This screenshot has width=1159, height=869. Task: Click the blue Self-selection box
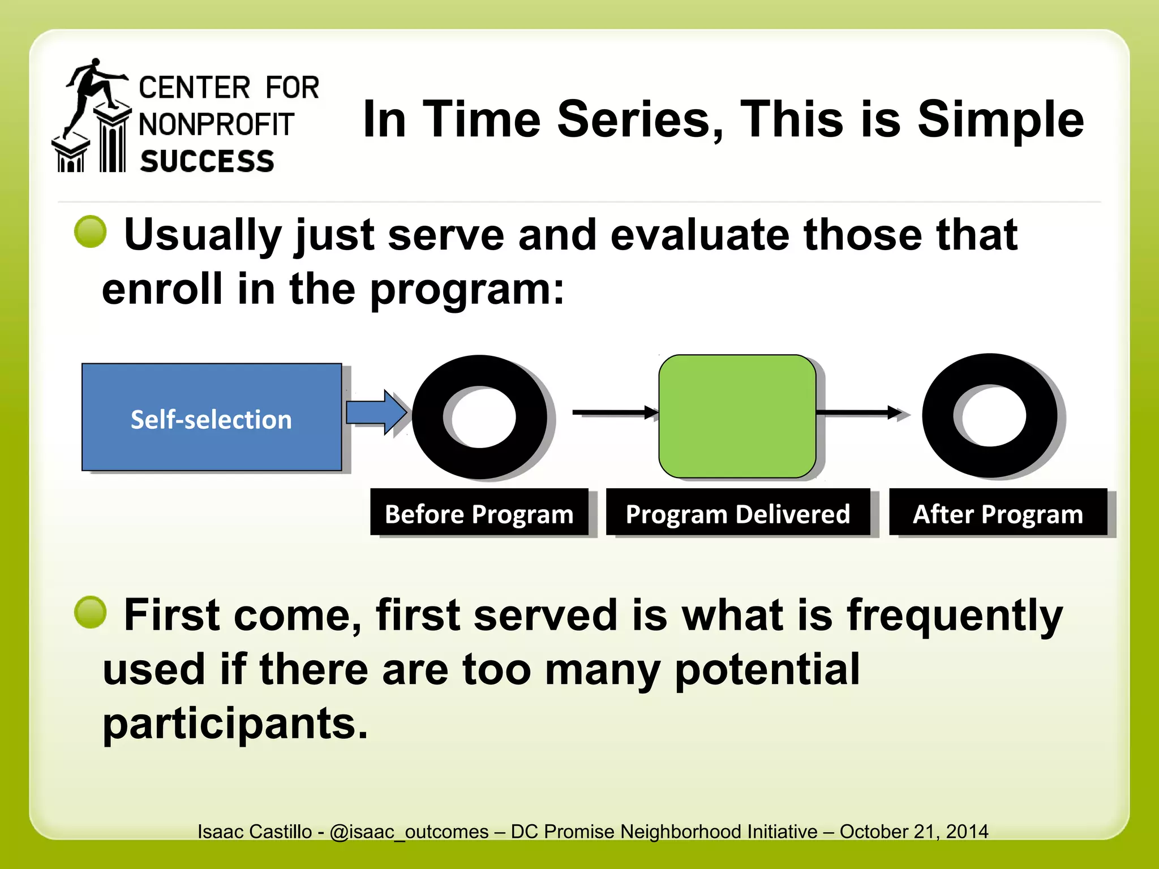[211, 417]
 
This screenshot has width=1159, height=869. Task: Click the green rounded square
[737, 416]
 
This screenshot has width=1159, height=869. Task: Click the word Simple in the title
[1000, 119]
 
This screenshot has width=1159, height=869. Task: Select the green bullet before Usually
[91, 231]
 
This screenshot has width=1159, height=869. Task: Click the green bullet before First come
[91, 612]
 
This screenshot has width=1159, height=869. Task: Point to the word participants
[235, 724]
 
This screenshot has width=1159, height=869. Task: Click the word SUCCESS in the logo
[207, 161]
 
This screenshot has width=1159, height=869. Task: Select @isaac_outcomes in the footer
[409, 832]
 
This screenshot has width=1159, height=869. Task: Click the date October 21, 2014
[913, 832]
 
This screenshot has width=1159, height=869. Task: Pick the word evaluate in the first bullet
[700, 235]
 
